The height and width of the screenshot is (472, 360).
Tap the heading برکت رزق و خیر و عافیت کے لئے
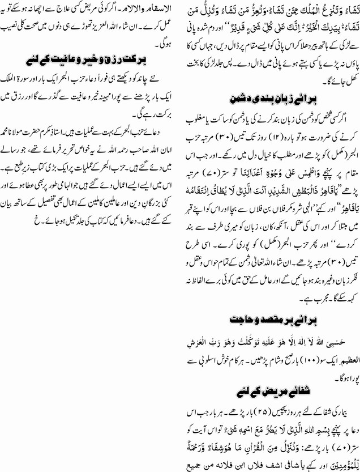[92, 59]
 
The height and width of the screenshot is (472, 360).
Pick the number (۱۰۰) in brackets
[314, 361]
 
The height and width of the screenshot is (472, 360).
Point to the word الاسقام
[153, 9]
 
